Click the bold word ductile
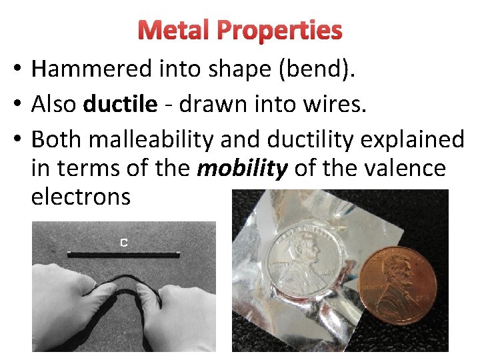pyautogui.click(x=120, y=104)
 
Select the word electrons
pyautogui.click(x=81, y=197)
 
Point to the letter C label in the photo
pyautogui.click(x=123, y=243)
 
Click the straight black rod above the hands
pyautogui.click(x=123, y=253)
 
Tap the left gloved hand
pyautogui.click(x=67, y=313)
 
